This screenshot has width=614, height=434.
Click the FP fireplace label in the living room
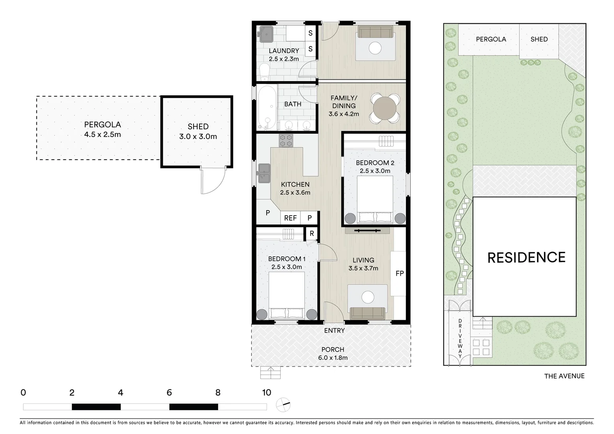click(399, 274)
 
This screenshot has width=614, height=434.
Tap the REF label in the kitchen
click(290, 218)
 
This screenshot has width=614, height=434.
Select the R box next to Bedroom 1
click(312, 233)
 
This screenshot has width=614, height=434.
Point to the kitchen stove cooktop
click(286, 140)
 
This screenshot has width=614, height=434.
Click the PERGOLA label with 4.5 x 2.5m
click(102, 129)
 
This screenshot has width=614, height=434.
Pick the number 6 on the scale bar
click(169, 393)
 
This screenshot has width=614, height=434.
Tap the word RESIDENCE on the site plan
click(526, 258)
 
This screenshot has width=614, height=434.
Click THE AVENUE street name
click(564, 376)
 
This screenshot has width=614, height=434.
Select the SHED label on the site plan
click(539, 39)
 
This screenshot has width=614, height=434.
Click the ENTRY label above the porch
click(335, 330)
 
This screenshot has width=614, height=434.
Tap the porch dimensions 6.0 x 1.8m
click(333, 358)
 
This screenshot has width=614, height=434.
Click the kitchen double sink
click(264, 173)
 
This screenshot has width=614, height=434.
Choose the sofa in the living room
click(367, 313)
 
